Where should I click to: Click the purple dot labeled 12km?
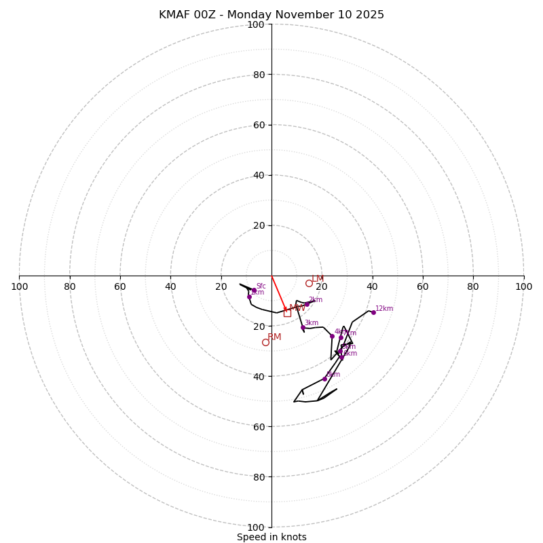(373, 312)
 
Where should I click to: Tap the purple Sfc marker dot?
(254, 291)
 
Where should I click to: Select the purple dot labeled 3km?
(303, 327)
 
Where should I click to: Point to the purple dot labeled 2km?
(307, 304)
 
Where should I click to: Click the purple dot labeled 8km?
(324, 379)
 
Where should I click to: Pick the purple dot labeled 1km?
(249, 297)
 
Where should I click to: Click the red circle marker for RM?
(265, 342)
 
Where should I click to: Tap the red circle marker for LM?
(309, 283)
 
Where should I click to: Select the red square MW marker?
(287, 313)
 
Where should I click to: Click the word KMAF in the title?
(174, 15)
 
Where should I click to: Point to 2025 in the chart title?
(370, 15)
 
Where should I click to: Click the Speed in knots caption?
(271, 537)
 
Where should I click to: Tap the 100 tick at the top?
(256, 24)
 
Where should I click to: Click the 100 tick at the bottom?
(256, 527)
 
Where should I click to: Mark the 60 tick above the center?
(259, 125)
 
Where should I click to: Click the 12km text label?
(384, 309)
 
